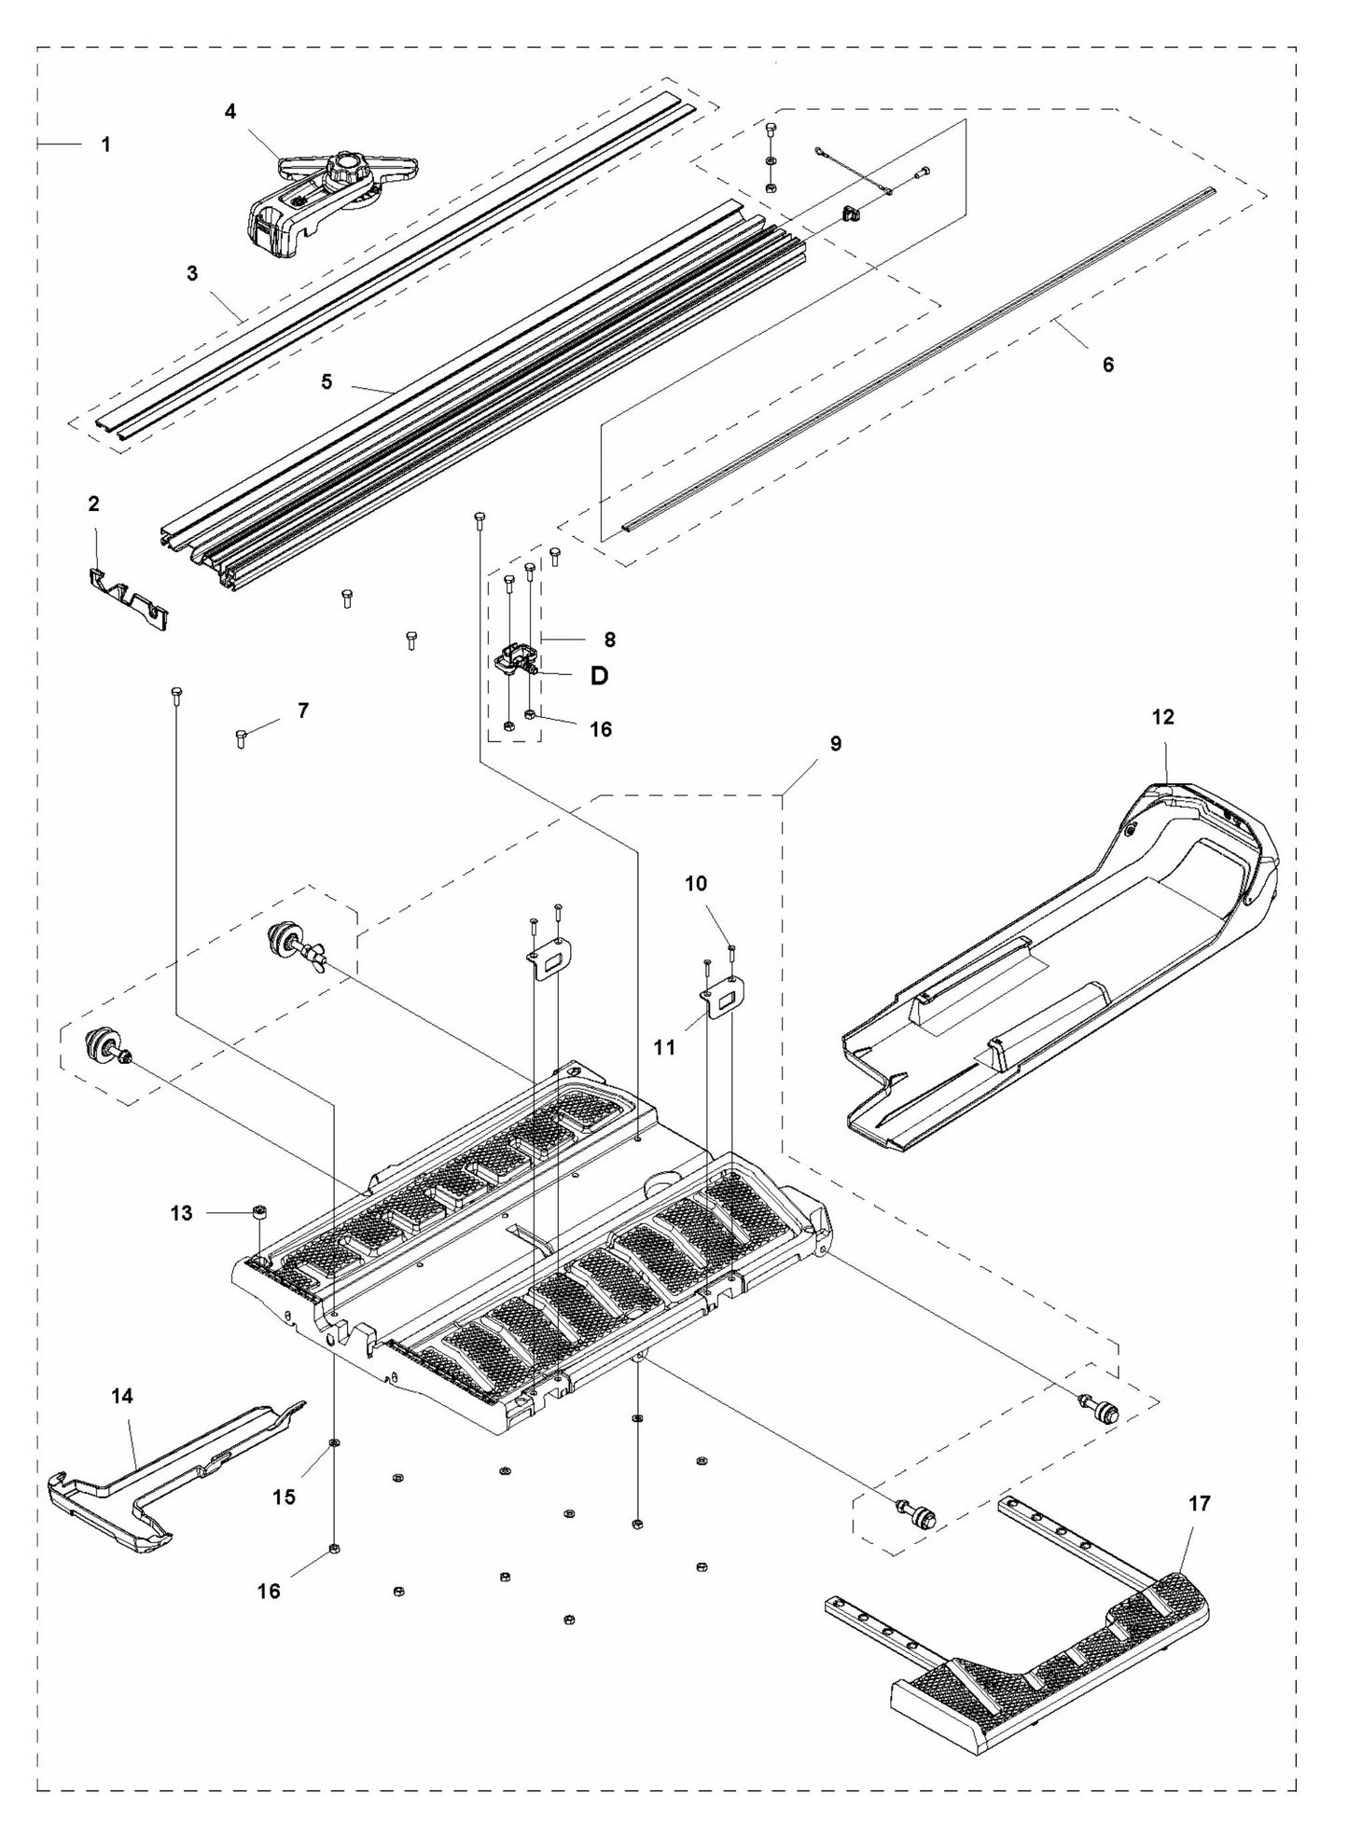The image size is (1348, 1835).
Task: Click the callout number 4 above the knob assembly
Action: [x=230, y=112]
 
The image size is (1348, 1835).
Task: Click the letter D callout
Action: [x=599, y=676]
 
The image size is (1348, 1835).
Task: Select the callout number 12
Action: [x=1162, y=717]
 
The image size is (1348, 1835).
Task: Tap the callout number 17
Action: [x=1199, y=1503]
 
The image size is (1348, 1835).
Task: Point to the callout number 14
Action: [x=121, y=1396]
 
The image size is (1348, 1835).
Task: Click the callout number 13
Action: [x=181, y=1213]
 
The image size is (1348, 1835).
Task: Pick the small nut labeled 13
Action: [x=260, y=1211]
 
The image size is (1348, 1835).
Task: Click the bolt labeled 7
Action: [x=241, y=739]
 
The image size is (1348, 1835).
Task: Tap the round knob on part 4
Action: [x=351, y=168]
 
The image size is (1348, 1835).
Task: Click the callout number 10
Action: [x=696, y=883]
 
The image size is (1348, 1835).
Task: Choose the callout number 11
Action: [x=664, y=1047]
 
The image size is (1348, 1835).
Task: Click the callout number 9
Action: [x=835, y=743]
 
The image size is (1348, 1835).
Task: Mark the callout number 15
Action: [x=284, y=1497]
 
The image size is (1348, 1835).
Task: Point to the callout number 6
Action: [x=1107, y=365]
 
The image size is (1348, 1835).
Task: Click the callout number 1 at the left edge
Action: [x=105, y=145]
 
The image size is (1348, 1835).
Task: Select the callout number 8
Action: [x=609, y=640]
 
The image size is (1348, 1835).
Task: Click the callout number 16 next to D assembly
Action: [x=601, y=729]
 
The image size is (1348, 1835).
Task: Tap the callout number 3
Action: [x=192, y=273]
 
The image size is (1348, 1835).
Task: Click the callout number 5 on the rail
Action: [x=327, y=381]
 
